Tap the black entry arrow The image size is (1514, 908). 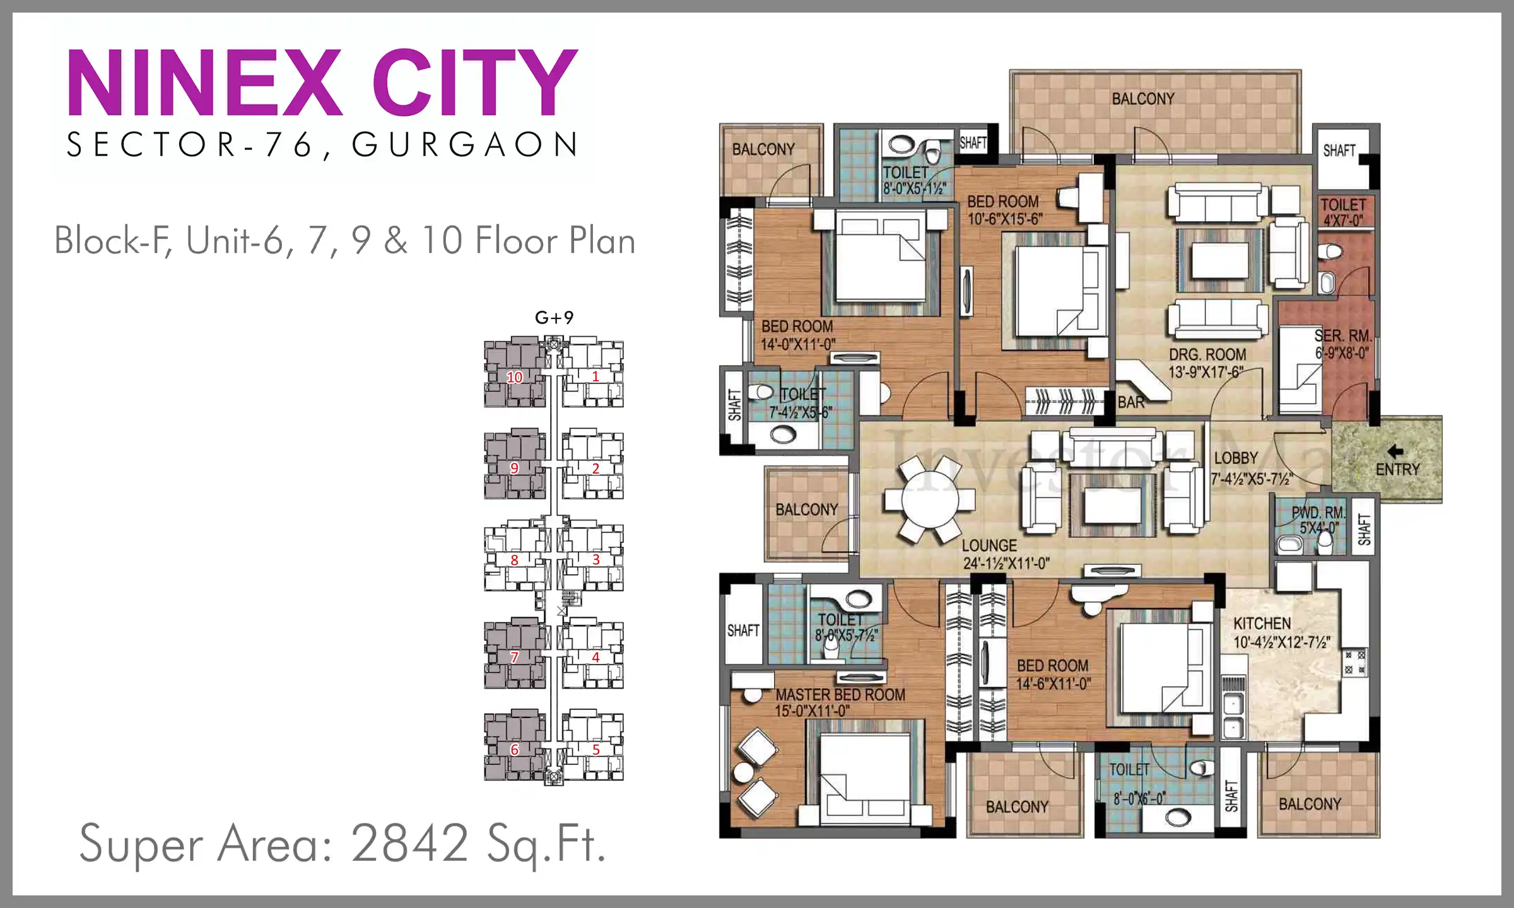[x=1395, y=451]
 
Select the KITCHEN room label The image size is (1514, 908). [x=1262, y=624]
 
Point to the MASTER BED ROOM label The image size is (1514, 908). [x=840, y=694]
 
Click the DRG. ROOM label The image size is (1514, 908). [x=1207, y=354]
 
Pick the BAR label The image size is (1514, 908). [x=1130, y=402]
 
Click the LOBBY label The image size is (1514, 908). [x=1236, y=458]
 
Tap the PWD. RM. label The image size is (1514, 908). [x=1318, y=511]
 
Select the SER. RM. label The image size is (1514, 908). [x=1343, y=335]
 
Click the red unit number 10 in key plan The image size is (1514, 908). [x=515, y=377]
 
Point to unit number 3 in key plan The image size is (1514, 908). [x=596, y=559]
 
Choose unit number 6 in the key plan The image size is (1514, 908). [x=514, y=750]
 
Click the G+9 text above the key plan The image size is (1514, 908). [x=554, y=317]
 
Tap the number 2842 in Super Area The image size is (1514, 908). [x=409, y=843]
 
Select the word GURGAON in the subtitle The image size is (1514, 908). [x=465, y=144]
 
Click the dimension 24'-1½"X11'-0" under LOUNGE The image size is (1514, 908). [x=1006, y=563]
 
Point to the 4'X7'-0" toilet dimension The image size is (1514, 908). [x=1343, y=220]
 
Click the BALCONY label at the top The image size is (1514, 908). [x=1143, y=99]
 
